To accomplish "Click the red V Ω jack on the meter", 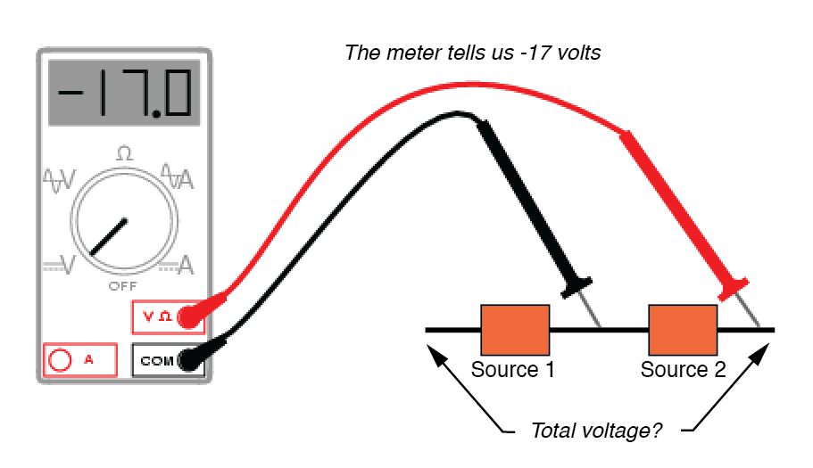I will point(188,316).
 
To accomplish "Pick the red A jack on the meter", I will point(62,360).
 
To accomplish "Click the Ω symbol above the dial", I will point(124,153).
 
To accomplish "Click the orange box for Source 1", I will point(515,330).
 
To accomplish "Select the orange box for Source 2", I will point(683,330).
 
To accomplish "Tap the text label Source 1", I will point(513,369).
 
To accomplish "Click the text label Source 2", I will point(683,369).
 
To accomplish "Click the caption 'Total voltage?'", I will point(596,431).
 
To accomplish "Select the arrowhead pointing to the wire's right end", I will point(760,351).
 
